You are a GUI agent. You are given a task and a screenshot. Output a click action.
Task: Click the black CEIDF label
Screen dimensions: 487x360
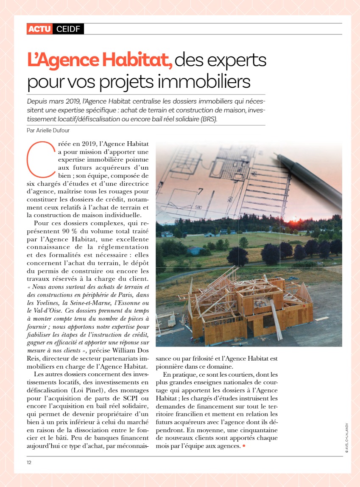68,29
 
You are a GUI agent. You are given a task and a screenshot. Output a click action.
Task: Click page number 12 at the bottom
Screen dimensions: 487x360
29,462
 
